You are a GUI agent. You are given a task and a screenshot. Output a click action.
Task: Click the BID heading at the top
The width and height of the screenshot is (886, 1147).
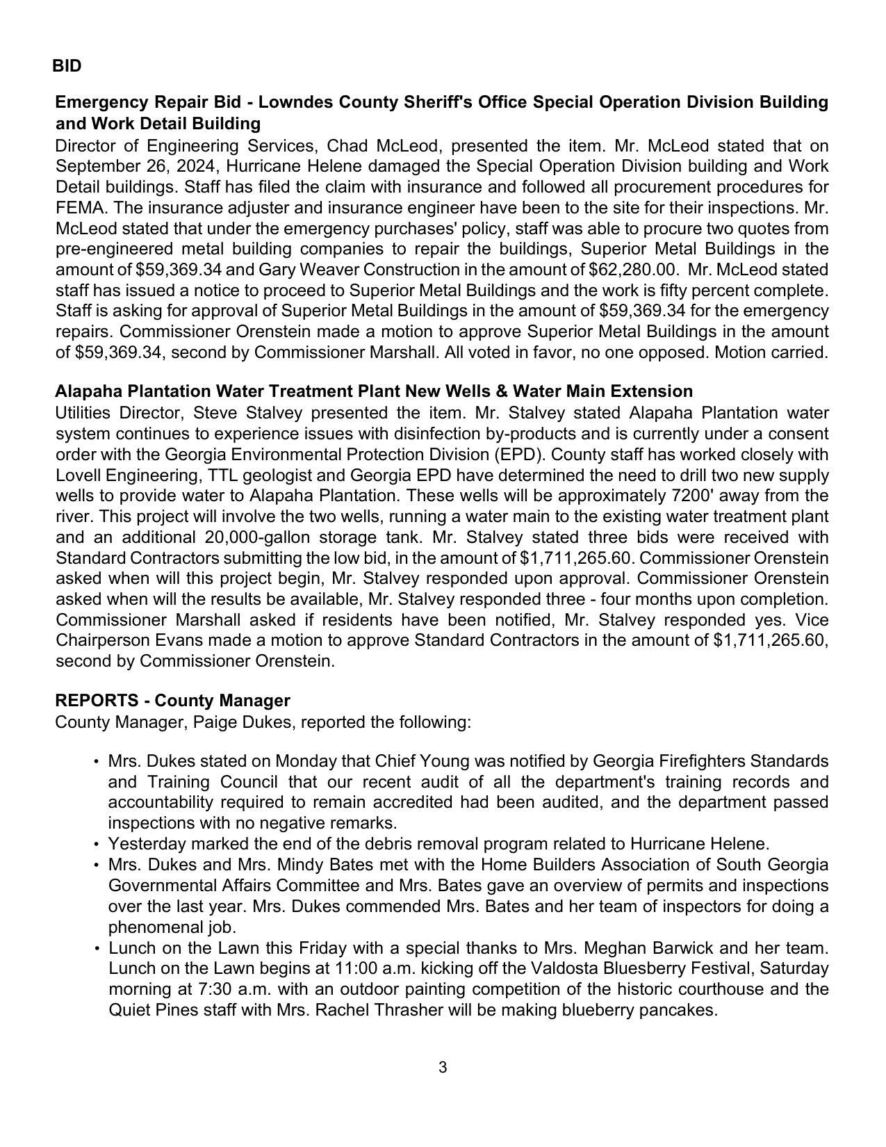(x=67, y=66)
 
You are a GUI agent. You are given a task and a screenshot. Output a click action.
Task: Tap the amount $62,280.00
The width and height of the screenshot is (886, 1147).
(x=633, y=270)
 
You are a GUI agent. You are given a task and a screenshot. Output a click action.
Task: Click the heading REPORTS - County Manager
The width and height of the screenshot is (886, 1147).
(x=172, y=700)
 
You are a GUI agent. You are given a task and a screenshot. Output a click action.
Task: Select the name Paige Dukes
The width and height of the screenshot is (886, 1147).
(x=243, y=722)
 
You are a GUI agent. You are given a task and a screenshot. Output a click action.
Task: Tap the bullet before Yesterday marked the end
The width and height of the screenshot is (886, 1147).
(x=95, y=845)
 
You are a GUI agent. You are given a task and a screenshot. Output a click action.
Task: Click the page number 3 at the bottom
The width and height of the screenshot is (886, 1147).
(x=443, y=1067)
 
